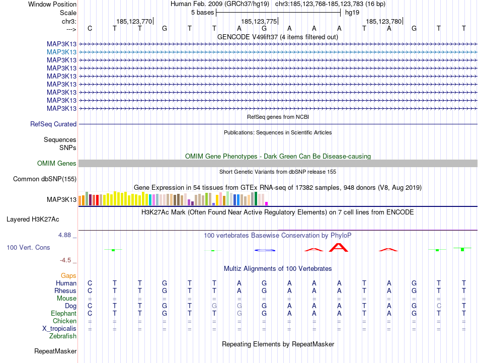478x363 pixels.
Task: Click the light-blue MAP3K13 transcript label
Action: coord(61,52)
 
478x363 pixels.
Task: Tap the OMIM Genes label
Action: coord(57,163)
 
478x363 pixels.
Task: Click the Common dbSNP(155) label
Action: coord(45,179)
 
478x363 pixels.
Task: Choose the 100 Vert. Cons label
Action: coord(28,248)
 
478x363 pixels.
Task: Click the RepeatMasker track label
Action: coord(55,351)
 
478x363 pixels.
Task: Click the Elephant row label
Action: coord(62,313)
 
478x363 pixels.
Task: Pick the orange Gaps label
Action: coord(68,275)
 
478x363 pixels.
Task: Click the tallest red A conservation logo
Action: coord(339,247)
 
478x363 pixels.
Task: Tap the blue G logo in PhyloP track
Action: coord(265,250)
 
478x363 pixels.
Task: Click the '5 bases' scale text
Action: coord(202,12)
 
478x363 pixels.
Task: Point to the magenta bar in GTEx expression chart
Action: coord(266,203)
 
